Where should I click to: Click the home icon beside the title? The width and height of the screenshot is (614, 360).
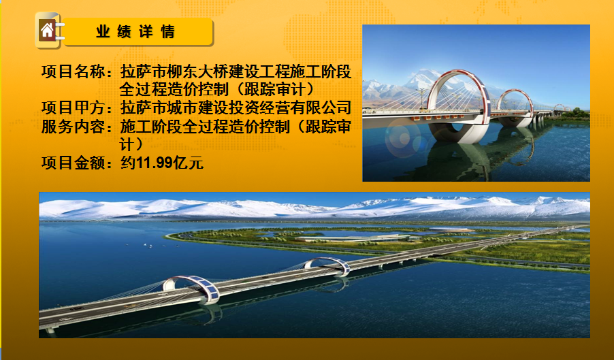[x=48, y=30]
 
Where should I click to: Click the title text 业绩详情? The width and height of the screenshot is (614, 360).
[x=135, y=32]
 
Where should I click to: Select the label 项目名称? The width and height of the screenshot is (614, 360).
[x=73, y=72]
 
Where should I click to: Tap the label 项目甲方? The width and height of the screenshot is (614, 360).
[x=73, y=108]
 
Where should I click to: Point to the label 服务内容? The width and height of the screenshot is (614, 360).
[x=73, y=127]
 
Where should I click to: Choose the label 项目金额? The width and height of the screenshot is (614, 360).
[x=73, y=163]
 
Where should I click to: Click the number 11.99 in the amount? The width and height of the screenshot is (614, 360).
[x=154, y=163]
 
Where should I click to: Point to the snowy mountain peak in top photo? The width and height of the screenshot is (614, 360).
[x=425, y=76]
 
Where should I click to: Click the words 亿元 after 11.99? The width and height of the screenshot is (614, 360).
[x=188, y=163]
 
